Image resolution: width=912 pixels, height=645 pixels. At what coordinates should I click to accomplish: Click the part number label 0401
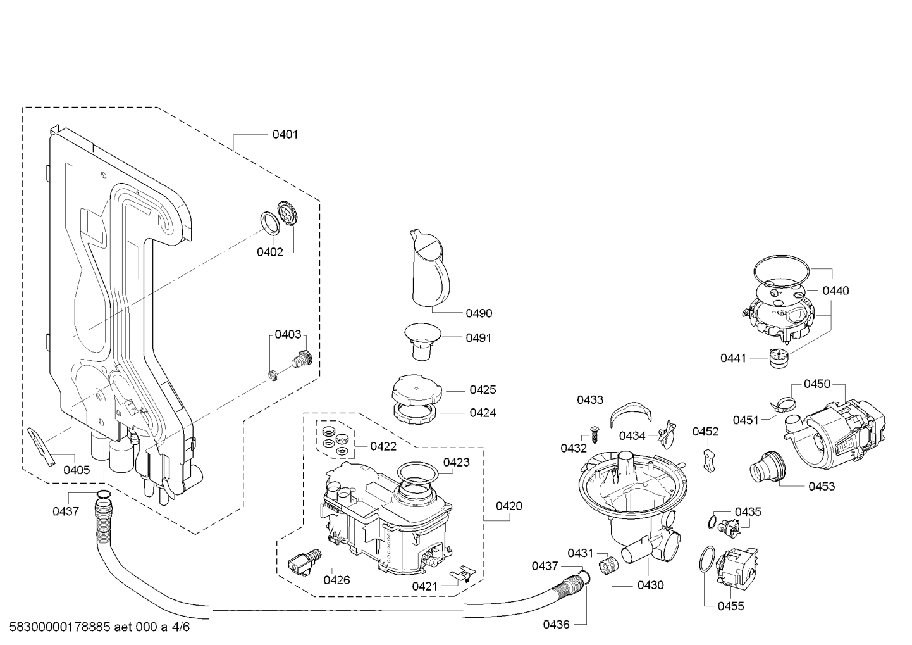pyautogui.click(x=285, y=134)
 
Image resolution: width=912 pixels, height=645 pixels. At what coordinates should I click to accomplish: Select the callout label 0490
pyautogui.click(x=479, y=313)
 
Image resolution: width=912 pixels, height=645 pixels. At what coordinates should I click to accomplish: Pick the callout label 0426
pyautogui.click(x=336, y=580)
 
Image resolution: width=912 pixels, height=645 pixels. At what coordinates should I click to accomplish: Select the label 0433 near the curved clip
pyautogui.click(x=590, y=400)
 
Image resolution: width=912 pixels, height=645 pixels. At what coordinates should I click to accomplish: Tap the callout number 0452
pyautogui.click(x=705, y=432)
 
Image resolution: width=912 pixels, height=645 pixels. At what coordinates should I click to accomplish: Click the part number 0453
pyautogui.click(x=822, y=486)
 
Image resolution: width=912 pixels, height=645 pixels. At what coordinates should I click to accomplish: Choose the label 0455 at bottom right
pyautogui.click(x=730, y=606)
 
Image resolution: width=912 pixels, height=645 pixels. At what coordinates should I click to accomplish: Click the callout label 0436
pyautogui.click(x=556, y=625)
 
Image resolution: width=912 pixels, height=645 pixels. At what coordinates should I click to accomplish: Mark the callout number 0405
pyautogui.click(x=77, y=470)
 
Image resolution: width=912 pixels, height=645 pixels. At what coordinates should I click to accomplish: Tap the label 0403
pyautogui.click(x=288, y=335)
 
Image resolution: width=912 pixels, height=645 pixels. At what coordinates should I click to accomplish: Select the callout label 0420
pyautogui.click(x=509, y=506)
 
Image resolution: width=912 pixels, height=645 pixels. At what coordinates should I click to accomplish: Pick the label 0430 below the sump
pyautogui.click(x=651, y=586)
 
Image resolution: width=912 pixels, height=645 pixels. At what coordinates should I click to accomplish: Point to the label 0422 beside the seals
pyautogui.click(x=383, y=446)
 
